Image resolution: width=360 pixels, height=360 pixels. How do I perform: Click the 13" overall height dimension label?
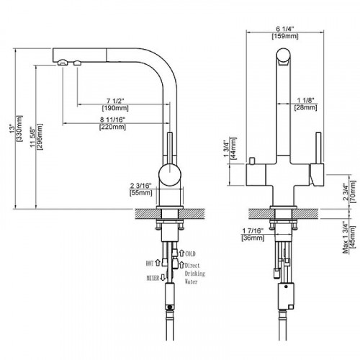point(12,128)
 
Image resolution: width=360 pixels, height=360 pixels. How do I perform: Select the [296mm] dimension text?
point(40,137)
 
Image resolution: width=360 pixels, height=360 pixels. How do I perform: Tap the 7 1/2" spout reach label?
point(116,101)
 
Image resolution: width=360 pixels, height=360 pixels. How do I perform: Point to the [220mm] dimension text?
point(112,127)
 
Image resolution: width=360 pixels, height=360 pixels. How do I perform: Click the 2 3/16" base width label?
point(141,186)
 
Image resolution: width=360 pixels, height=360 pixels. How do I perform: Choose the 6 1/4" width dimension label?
point(285,29)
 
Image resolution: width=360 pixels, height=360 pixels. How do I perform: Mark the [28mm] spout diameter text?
point(305,107)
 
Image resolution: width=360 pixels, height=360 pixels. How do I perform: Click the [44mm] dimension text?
point(233,148)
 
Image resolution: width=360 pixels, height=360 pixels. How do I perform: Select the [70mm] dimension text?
point(353,192)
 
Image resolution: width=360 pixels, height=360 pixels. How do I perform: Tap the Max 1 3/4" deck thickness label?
point(346,238)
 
